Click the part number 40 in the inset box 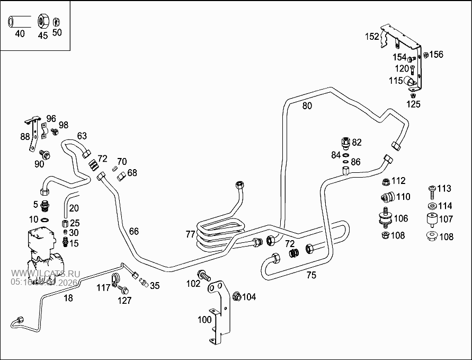pos(20,34)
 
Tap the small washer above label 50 pos(57,22)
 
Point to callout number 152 pos(372,37)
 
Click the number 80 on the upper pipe pos(307,106)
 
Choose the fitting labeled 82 pos(345,143)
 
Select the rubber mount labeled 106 pos(385,219)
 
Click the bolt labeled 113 pos(432,189)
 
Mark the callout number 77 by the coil pos(190,234)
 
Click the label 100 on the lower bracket pos(204,320)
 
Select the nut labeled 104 pos(236,296)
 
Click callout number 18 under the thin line pos(69,298)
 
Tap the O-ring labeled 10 pos(46,219)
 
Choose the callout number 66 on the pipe pos(134,231)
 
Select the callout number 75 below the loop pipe pos(311,275)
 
